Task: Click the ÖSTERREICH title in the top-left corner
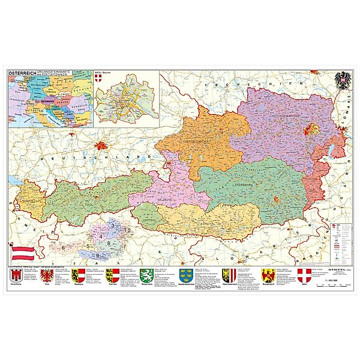22,74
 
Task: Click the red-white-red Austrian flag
22,248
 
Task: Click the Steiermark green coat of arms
145,276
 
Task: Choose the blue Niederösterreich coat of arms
179,277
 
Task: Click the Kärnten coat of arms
112,277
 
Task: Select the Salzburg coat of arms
78,277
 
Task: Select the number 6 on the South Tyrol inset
64,247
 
